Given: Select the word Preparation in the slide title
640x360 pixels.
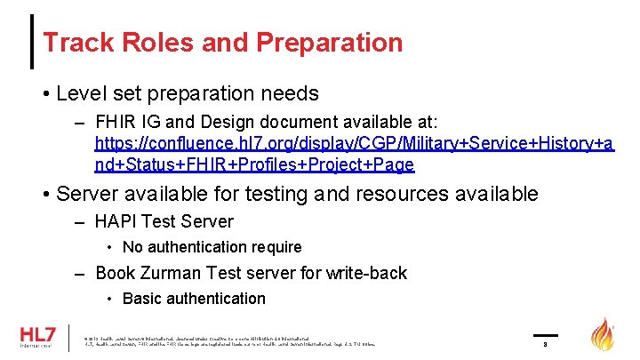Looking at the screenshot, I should point(329,42).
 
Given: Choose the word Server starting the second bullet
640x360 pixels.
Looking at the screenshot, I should point(89,194).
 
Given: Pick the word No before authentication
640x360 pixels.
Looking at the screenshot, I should point(133,247).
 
